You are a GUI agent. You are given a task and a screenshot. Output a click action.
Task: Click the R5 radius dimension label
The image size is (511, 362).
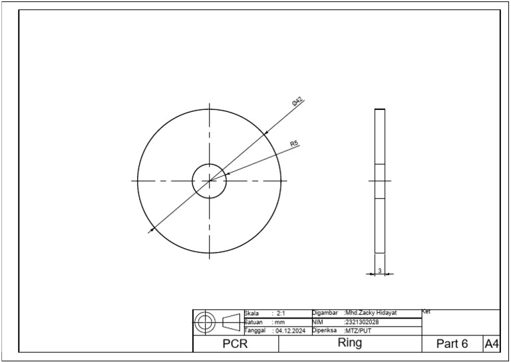pyautogui.click(x=293, y=143)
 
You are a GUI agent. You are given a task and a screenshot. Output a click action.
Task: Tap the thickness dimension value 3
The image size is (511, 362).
pyautogui.click(x=379, y=271)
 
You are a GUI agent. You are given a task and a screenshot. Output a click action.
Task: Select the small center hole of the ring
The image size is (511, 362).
pyautogui.click(x=210, y=181)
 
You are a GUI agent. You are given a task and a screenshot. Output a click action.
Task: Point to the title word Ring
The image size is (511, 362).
pyautogui.click(x=350, y=343)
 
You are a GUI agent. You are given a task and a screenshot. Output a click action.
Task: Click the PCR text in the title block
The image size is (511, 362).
pyautogui.click(x=235, y=344)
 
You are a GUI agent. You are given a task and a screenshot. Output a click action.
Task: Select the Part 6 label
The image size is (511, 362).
pyautogui.click(x=452, y=344)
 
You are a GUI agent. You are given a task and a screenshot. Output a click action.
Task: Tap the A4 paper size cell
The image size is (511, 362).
pyautogui.click(x=492, y=344)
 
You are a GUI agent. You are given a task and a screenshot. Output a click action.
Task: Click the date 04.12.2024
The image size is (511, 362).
pyautogui.click(x=291, y=331)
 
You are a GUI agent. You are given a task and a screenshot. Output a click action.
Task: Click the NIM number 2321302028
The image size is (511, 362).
pyautogui.click(x=361, y=322)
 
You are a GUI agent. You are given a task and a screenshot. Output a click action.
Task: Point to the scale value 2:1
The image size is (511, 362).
pyautogui.click(x=281, y=313)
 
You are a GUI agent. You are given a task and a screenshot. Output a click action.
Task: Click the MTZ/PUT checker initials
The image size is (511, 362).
pyautogui.click(x=358, y=331)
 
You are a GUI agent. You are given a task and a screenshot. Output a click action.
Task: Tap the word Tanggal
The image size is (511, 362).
pyautogui.click(x=255, y=331)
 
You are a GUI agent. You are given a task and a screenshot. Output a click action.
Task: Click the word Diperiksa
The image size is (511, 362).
pyautogui.click(x=325, y=330)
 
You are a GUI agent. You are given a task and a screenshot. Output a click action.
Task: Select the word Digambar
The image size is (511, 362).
pyautogui.click(x=325, y=313)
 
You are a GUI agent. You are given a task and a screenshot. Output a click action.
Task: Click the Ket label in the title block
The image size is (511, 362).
pyautogui.click(x=426, y=311)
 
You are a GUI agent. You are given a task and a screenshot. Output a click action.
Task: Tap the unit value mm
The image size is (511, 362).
pyautogui.click(x=279, y=322)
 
